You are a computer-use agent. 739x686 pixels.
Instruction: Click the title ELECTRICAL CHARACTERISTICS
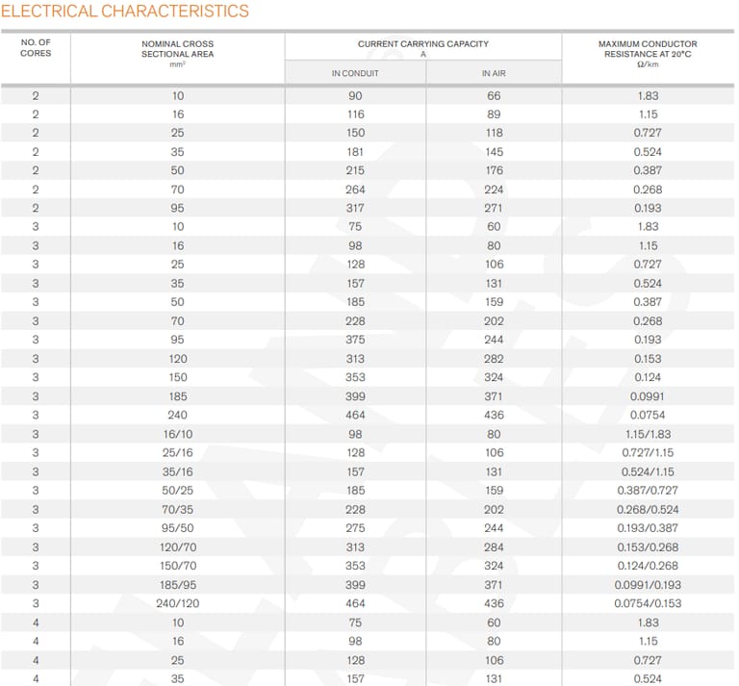coord(126,12)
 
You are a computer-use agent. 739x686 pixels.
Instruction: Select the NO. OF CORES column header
coord(36,48)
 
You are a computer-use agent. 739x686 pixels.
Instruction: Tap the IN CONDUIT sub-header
coord(355,73)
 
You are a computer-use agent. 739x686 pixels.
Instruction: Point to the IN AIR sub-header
coord(494,73)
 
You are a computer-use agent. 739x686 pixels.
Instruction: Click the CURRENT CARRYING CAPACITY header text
coord(423,43)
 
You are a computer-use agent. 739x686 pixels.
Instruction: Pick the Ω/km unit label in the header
coord(648,64)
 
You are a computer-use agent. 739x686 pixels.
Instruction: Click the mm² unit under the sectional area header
coord(178,64)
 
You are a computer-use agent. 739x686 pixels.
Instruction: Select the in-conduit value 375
coord(355,340)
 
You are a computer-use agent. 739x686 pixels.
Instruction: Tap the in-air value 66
coord(494,95)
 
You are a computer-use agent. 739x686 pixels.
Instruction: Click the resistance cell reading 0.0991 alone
coord(648,396)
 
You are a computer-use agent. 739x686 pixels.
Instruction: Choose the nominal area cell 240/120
coord(178,603)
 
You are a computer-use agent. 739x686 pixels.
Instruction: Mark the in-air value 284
coord(494,547)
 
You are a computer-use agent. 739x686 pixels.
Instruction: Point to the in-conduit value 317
coord(355,208)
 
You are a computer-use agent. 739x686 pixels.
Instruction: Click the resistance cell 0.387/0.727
coord(648,491)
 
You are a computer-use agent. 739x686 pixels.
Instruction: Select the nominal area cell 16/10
coord(178,434)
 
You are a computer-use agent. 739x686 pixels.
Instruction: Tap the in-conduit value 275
coord(355,528)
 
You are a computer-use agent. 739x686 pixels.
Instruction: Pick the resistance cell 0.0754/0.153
coord(648,603)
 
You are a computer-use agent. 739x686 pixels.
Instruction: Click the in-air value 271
coord(494,208)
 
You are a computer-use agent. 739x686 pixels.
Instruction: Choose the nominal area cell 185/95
coord(178,585)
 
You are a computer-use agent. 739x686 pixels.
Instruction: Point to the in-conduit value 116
coord(355,114)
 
